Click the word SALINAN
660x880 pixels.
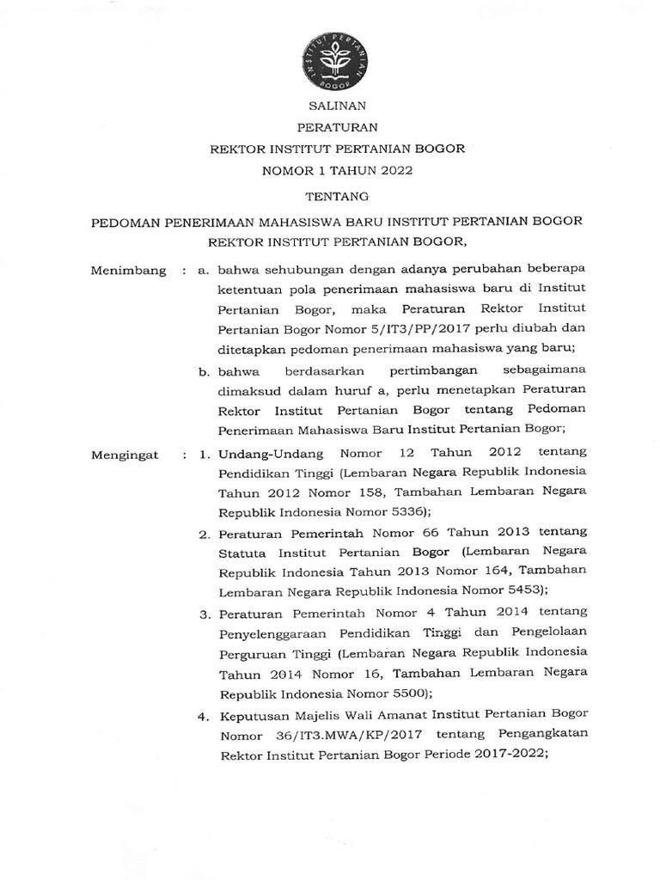pyautogui.click(x=338, y=106)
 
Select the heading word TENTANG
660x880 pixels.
pyautogui.click(x=338, y=195)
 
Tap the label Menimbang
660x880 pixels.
pyautogui.click(x=128, y=271)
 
